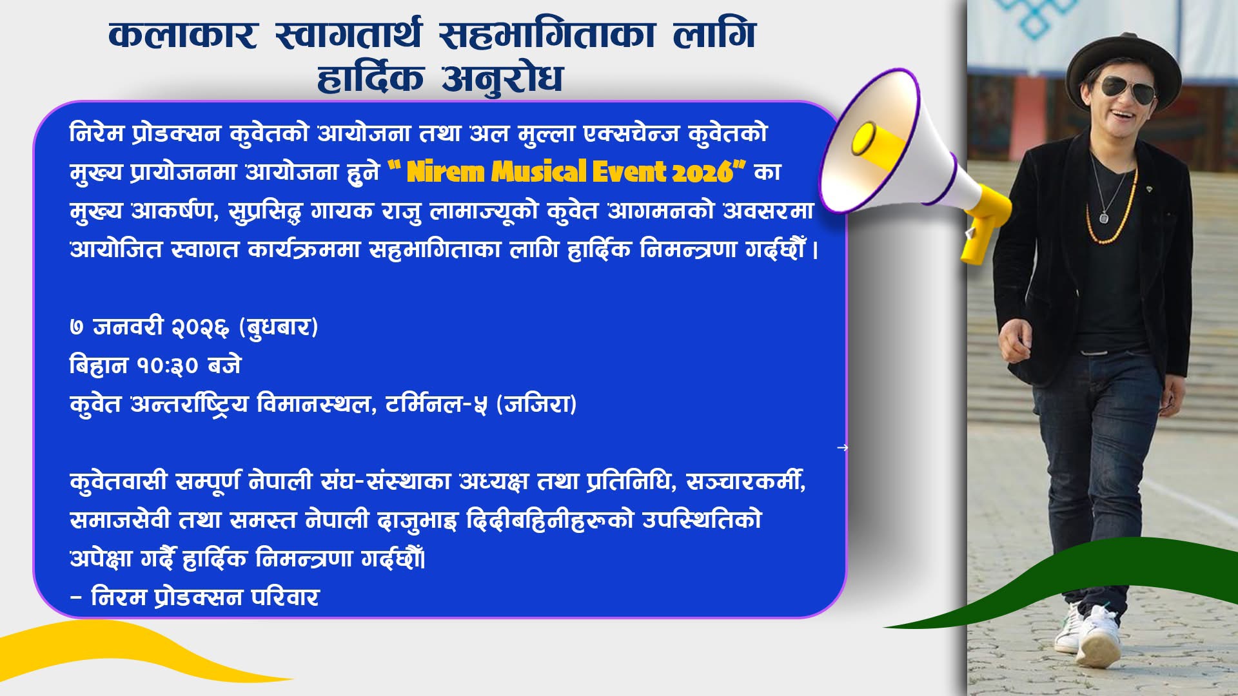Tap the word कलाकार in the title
pyautogui.click(x=183, y=35)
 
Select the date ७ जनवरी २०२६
pyautogui.click(x=150, y=327)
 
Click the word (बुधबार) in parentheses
pyautogui.click(x=279, y=327)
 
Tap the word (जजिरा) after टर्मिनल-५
pyautogui.click(x=536, y=404)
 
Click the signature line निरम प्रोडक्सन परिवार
pyautogui.click(x=205, y=597)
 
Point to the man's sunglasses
pyautogui.click(x=1126, y=89)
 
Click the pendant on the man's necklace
pyautogui.click(x=1103, y=217)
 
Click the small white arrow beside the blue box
pyautogui.click(x=842, y=447)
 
